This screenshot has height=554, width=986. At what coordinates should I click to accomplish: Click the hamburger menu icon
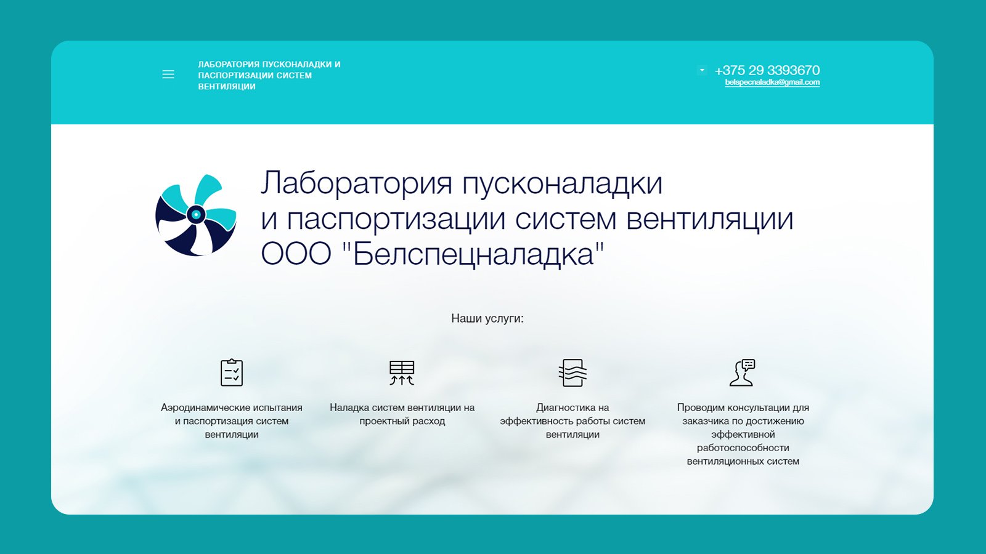pos(168,74)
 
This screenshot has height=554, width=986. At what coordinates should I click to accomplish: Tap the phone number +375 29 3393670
pos(767,70)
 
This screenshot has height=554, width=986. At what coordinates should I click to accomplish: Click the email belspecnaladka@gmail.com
pos(772,82)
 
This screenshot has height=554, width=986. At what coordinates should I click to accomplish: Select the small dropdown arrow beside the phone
pos(702,70)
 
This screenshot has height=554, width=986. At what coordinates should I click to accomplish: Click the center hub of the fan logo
pos(196,215)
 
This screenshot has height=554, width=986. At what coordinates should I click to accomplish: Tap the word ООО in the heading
pos(296,254)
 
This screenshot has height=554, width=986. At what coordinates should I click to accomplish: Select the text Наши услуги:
pos(487,318)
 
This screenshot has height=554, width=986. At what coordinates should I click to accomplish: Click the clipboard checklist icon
pos(232,372)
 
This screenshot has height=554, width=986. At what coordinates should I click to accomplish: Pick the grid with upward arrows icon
pos(402,373)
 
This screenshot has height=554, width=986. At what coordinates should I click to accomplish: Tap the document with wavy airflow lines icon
pos(572,373)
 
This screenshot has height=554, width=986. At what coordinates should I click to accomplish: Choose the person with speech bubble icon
pos(743,373)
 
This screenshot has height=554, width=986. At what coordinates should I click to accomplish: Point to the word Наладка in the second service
pos(349,407)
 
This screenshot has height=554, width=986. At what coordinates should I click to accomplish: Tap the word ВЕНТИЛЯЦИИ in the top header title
pos(227,87)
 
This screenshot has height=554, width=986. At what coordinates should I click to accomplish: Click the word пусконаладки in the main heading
pos(562,184)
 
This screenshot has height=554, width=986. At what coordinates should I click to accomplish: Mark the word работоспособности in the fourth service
pos(743,448)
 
